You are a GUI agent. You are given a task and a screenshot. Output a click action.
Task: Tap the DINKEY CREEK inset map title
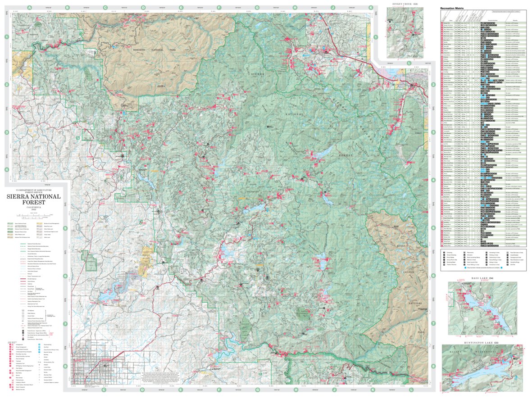[404, 4]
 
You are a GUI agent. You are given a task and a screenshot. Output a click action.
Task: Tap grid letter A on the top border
[29, 8]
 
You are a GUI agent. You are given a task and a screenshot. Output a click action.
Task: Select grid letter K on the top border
[371, 8]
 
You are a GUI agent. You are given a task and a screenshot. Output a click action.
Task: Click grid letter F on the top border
[219, 8]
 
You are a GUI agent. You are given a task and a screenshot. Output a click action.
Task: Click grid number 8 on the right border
[433, 378]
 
